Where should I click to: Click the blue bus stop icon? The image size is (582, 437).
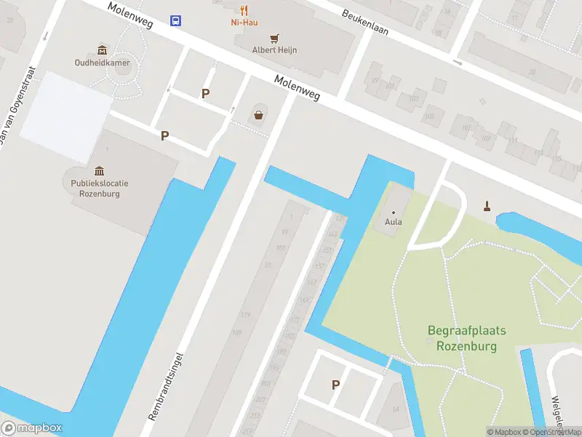(x=176, y=20)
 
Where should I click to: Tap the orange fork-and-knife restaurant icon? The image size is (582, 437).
(x=244, y=10)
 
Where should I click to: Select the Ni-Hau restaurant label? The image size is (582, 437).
(x=244, y=23)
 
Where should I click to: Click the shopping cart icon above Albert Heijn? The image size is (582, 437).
(x=274, y=38)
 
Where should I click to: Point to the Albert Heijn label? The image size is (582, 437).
(x=274, y=50)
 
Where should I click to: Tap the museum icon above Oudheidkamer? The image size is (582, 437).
(x=101, y=50)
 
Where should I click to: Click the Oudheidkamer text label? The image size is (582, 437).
(x=101, y=62)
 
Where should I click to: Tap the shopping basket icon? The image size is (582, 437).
(x=258, y=114)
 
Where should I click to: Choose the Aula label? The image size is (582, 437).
(x=394, y=222)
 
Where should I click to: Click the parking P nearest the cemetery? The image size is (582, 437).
(x=335, y=385)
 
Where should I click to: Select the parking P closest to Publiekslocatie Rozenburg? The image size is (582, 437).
(x=165, y=135)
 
